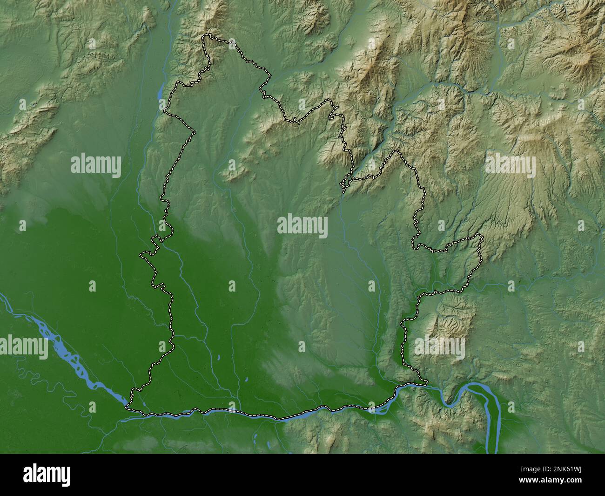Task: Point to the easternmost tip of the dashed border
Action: pyautogui.click(x=482, y=238)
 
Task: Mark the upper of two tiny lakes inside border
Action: pyautogui.click(x=218, y=358)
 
